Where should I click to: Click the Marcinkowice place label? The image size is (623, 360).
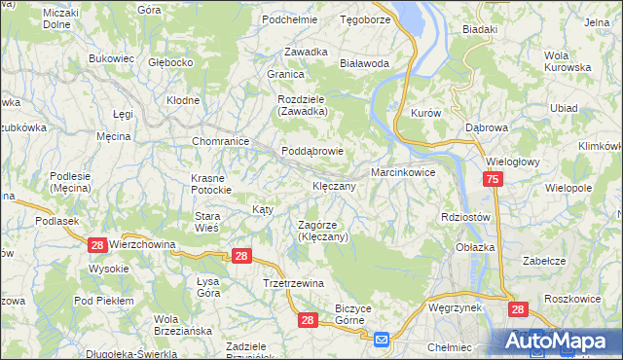coord(402,173)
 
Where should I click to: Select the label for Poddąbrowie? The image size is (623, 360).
coord(312,152)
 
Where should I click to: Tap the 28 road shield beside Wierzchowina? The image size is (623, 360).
coord(96,246)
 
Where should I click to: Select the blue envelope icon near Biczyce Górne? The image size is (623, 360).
coord(382,339)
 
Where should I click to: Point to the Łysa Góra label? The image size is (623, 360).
coord(202,287)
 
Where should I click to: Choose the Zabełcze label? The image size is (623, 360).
coord(544,261)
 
